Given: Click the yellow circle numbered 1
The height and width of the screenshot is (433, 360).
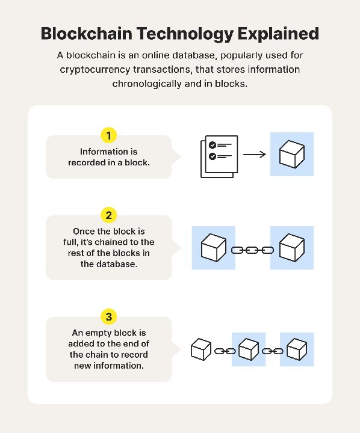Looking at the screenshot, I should tap(108, 135).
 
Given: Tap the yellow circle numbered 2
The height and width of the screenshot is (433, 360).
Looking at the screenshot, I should tap(108, 215).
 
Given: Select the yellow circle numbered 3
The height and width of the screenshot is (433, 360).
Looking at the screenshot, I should tap(108, 316).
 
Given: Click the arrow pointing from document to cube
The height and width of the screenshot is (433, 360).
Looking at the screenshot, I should tap(254, 154).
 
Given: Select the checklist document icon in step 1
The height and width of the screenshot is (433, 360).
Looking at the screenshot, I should tap(218, 155).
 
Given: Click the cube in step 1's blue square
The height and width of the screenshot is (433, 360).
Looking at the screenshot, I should tap(292, 154).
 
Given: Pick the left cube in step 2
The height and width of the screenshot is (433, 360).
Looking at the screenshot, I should tap(213, 248).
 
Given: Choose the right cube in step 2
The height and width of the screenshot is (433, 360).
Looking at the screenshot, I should tap(292, 248).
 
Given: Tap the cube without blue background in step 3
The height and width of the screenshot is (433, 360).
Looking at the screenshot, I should tap(200, 349).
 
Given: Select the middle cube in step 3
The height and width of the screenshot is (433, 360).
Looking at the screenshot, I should tap(249, 349).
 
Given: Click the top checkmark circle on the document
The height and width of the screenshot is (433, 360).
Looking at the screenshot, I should tap(213, 145).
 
